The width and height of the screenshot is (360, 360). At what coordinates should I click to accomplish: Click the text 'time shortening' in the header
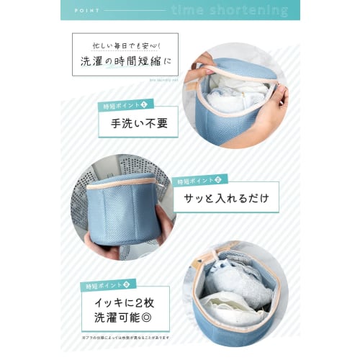point(230,11)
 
